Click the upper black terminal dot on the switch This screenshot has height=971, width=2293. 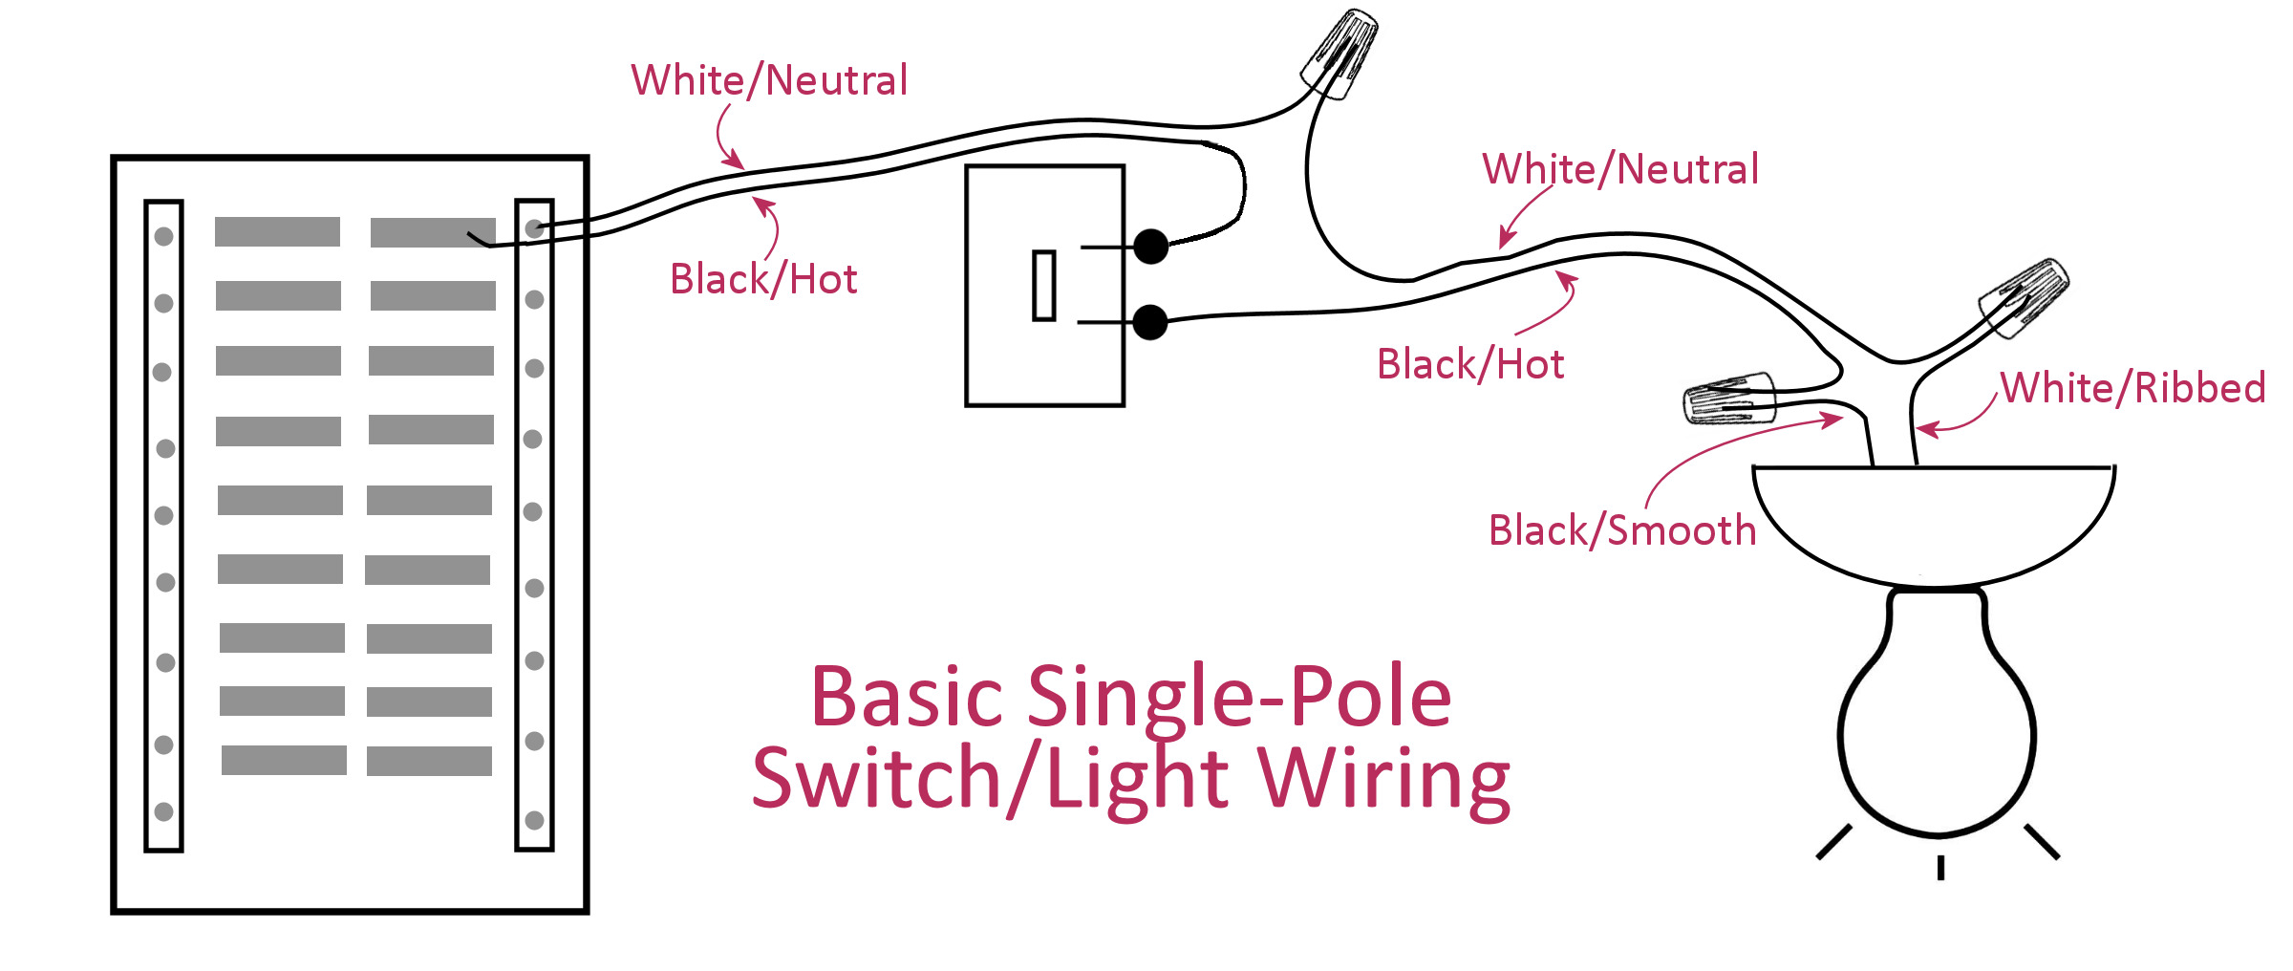[x=1151, y=247]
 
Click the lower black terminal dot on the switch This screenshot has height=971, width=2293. [x=1150, y=322]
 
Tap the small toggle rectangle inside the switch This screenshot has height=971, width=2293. [x=1044, y=286]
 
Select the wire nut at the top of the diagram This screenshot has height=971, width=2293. [x=1340, y=54]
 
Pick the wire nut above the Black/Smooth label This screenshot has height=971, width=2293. [x=1728, y=398]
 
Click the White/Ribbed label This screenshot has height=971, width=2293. [x=2132, y=388]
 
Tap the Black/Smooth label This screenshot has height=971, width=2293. [x=1622, y=530]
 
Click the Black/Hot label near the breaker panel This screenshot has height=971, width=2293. [x=763, y=279]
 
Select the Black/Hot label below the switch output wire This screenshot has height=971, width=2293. [x=1470, y=364]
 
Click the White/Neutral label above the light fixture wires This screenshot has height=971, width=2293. [x=1620, y=169]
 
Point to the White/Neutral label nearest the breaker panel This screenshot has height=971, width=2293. [x=769, y=80]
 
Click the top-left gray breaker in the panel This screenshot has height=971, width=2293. [x=277, y=231]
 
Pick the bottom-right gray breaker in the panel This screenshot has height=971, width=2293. [x=429, y=761]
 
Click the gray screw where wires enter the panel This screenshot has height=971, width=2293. [x=535, y=228]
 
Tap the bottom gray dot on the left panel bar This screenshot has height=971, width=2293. [x=164, y=811]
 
